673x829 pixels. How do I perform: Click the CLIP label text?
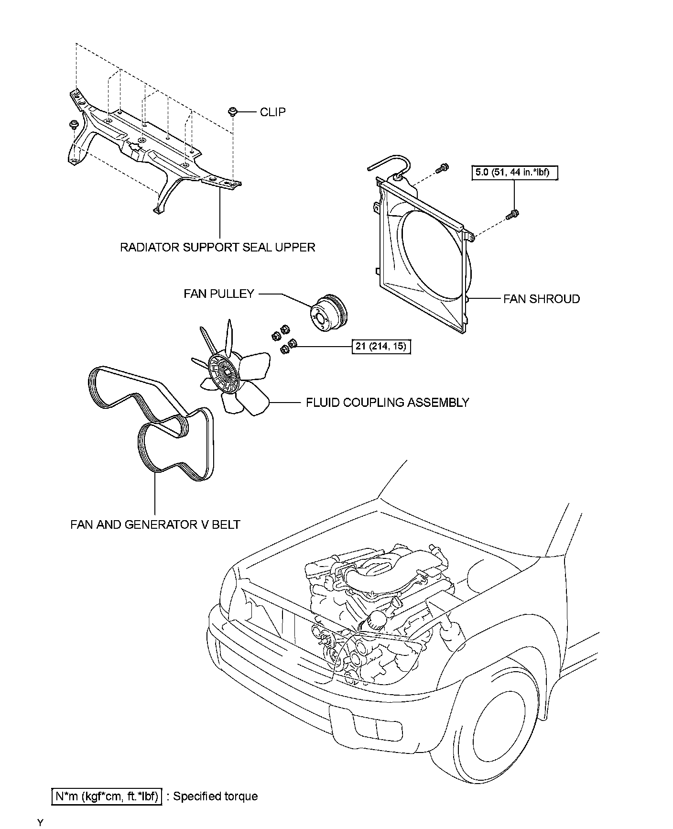[272, 112]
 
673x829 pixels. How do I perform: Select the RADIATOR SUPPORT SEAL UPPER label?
[217, 247]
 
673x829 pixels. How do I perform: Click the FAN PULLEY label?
[219, 294]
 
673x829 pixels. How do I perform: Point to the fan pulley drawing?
[329, 315]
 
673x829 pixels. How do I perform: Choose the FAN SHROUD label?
[542, 299]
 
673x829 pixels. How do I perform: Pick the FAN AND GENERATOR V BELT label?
[155, 524]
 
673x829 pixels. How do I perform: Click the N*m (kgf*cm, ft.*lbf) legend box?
[107, 796]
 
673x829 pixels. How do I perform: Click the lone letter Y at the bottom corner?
[41, 823]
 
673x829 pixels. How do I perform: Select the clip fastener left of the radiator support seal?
[74, 125]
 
